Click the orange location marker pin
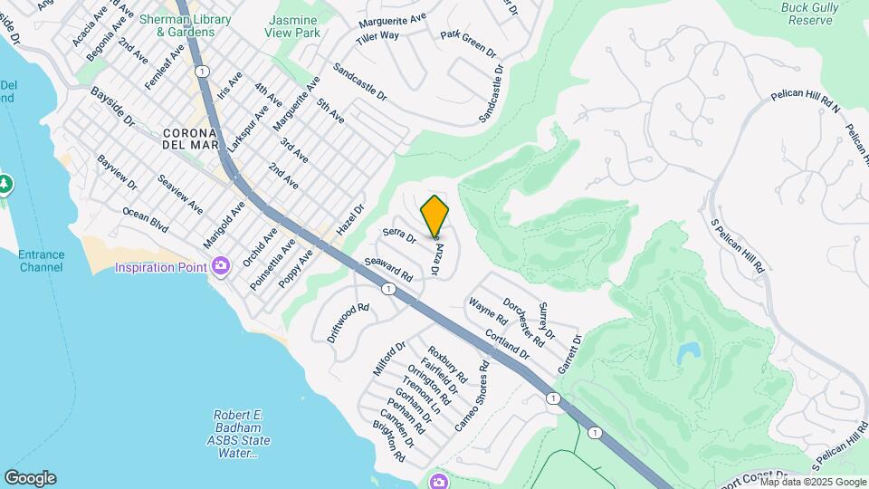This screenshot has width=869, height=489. click(435, 216)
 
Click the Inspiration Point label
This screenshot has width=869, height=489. click(162, 266)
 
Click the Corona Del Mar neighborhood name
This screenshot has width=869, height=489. click(190, 139)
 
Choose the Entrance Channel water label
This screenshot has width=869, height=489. click(42, 261)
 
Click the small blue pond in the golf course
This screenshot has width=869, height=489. click(688, 353)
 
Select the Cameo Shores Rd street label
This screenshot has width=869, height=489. click(473, 396)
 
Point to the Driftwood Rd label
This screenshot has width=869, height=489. click(349, 322)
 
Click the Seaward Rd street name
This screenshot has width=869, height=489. click(388, 268)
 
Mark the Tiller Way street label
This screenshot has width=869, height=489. click(377, 35)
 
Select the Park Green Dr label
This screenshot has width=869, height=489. click(469, 43)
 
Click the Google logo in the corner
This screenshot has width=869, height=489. click(30, 478)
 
